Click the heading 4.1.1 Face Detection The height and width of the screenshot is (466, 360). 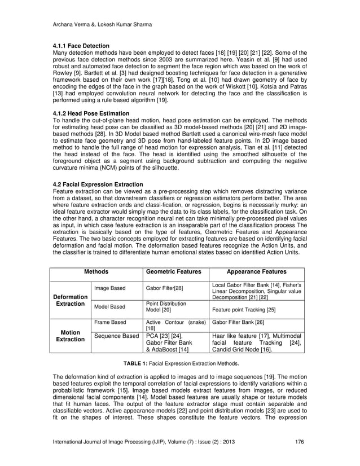[x=80, y=45]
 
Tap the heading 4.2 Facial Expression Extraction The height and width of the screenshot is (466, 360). [x=97, y=184]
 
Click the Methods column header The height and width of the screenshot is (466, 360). [x=96, y=271]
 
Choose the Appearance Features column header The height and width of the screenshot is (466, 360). [x=257, y=271]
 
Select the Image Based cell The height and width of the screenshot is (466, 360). [x=109, y=288]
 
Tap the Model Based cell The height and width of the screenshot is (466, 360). [x=109, y=307]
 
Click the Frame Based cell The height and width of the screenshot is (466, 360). [x=109, y=323]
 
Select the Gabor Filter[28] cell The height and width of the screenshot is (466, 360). [x=164, y=288]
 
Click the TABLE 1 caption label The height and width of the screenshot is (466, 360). [x=137, y=363]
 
